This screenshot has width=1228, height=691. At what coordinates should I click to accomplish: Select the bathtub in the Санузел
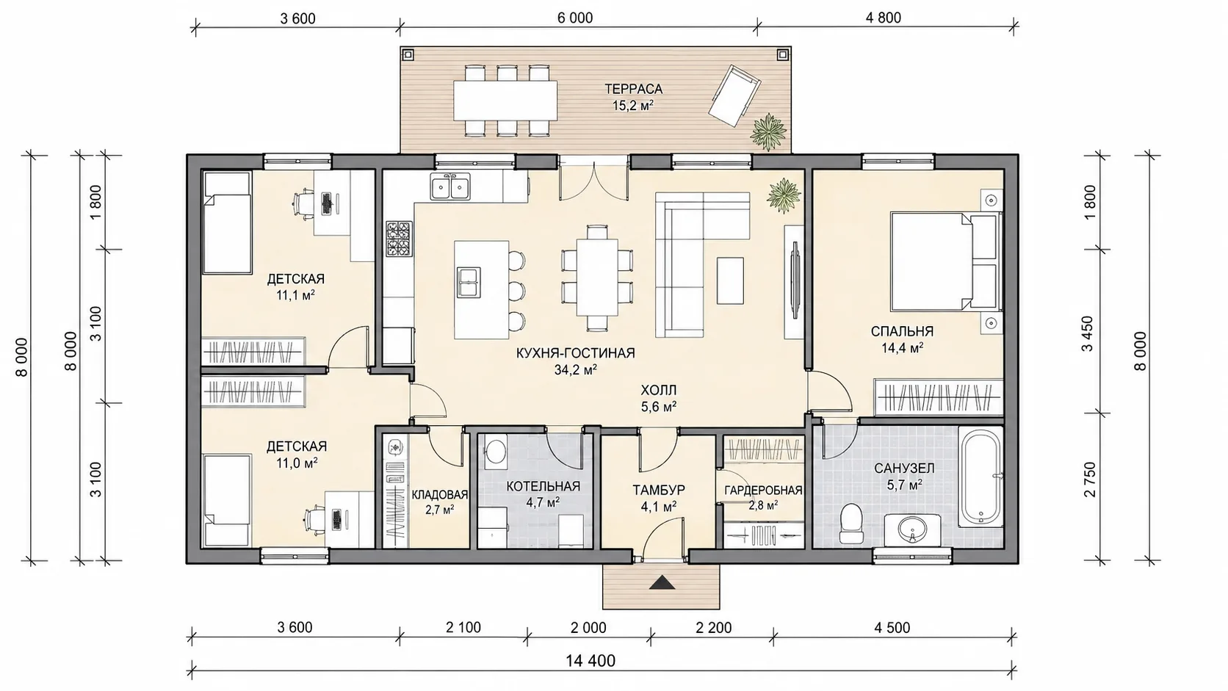980,477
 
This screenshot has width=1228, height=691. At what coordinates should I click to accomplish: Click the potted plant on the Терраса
768,131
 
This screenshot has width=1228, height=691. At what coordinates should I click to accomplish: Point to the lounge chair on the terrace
734,96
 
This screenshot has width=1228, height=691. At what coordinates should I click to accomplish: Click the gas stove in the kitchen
399,239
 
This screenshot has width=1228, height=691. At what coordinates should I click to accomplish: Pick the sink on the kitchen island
469,282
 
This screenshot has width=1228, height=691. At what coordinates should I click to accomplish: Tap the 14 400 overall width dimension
590,661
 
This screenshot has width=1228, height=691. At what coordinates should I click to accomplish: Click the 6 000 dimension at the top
575,18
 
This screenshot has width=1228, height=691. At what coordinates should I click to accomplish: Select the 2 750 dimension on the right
1090,480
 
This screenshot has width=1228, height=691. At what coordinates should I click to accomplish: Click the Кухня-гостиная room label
576,353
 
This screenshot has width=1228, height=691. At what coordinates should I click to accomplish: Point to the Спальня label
902,331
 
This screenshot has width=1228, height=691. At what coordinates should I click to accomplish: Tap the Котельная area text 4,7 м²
543,502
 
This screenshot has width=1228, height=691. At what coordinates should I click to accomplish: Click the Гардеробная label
763,491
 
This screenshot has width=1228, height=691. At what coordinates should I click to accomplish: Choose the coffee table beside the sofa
730,281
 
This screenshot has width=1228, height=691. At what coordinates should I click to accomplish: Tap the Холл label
658,390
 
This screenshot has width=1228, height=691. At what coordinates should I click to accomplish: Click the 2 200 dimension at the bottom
713,627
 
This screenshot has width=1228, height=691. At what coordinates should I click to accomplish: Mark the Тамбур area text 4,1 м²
658,507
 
